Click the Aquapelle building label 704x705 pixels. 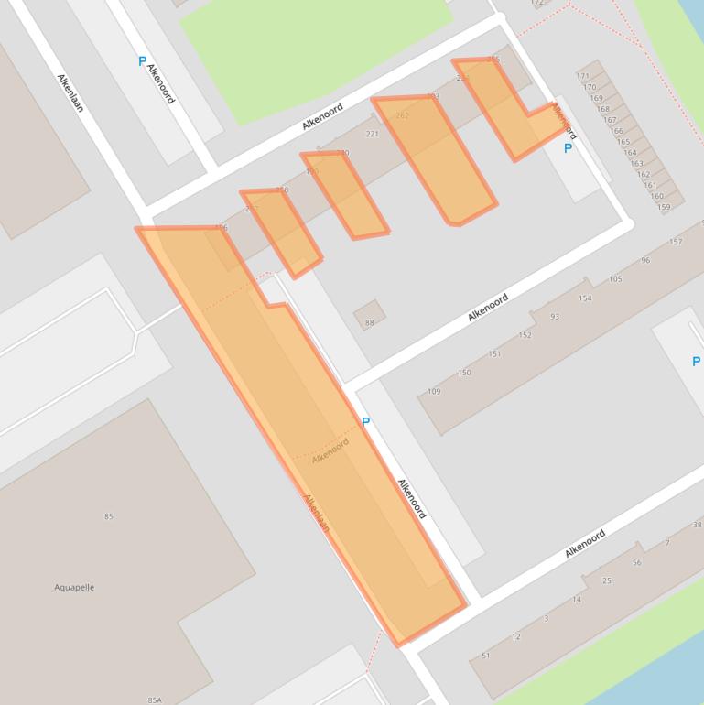[74, 588]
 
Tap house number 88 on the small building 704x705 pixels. [370, 322]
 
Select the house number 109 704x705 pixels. [434, 392]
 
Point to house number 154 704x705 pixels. [585, 298]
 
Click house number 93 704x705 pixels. [555, 317]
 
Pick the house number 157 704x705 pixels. [676, 243]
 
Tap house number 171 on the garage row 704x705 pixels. [583, 76]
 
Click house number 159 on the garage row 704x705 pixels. [664, 207]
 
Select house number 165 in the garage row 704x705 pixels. [623, 142]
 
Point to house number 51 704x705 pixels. [486, 656]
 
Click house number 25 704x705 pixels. [606, 581]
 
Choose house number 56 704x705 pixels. [636, 562]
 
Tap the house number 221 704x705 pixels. [372, 135]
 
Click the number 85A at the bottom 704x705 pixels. [154, 700]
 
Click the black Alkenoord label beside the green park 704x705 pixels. [322, 116]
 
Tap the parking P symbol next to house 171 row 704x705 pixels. [568, 148]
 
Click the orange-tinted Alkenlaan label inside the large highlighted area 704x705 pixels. [316, 514]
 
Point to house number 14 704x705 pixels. [576, 600]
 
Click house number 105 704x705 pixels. [615, 279]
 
